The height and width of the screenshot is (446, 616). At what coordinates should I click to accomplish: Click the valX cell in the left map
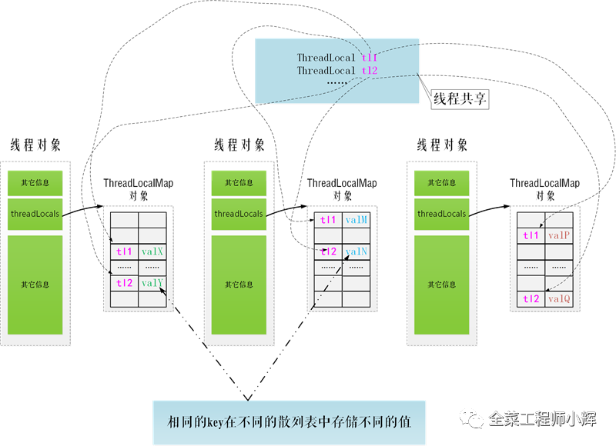coord(153,251)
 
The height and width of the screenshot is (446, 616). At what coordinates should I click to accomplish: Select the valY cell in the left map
coord(153,283)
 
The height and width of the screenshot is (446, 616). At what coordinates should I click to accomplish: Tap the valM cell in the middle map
coord(357,220)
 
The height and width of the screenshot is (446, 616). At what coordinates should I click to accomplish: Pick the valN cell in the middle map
coord(357,251)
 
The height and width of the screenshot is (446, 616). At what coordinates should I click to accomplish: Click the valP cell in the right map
coord(559,235)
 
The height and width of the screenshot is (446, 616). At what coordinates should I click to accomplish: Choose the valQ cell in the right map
coord(559,298)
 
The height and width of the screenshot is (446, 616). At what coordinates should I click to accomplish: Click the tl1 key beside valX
coord(124,251)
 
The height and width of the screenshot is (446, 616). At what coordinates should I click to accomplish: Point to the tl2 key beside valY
coord(124,283)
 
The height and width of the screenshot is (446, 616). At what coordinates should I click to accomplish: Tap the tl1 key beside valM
coord(328,220)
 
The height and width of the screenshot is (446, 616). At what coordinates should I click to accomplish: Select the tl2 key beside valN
coord(328,251)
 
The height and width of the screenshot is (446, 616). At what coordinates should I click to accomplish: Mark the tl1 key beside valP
coord(531,235)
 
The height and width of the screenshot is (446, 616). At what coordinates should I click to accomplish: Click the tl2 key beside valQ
coord(531,298)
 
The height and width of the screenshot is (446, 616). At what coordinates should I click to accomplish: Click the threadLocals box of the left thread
coord(35,214)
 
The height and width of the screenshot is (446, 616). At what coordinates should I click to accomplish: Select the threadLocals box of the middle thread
coord(239,214)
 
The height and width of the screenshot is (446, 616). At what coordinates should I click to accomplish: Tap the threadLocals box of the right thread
coord(441,214)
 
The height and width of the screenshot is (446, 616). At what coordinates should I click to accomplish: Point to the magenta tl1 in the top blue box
coord(370,58)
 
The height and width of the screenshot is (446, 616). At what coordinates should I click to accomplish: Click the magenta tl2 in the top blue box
coord(370,71)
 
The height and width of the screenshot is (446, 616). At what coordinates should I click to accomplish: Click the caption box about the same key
coord(289,422)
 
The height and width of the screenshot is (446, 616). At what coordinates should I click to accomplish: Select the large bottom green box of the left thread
coord(35,285)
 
